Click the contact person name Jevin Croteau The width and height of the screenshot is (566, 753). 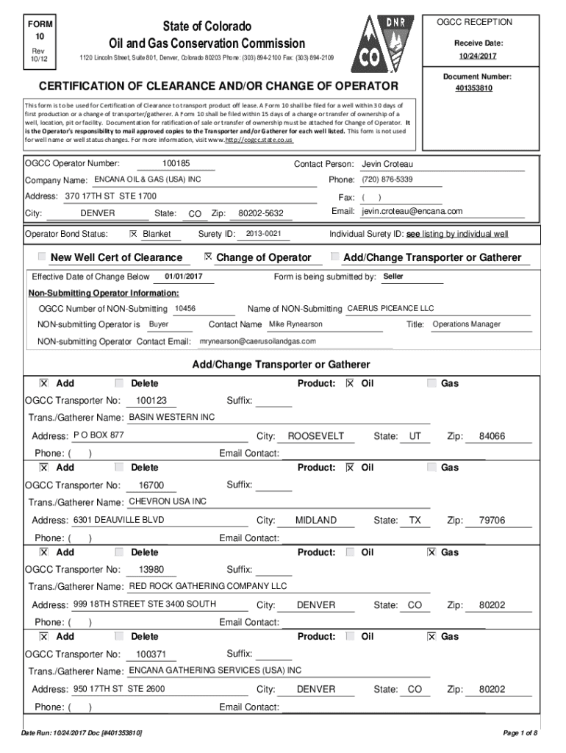pyautogui.click(x=393, y=164)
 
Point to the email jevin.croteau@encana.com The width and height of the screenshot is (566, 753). pyautogui.click(x=412, y=212)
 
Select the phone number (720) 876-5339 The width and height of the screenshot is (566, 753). pyautogui.click(x=387, y=180)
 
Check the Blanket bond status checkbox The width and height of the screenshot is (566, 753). pyautogui.click(x=133, y=234)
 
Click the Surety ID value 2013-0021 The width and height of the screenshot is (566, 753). pyautogui.click(x=263, y=234)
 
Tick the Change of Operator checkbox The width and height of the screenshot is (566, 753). pyautogui.click(x=208, y=257)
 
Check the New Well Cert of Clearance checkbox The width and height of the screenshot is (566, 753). pyautogui.click(x=42, y=257)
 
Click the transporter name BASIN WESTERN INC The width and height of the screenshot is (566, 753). pyautogui.click(x=172, y=418)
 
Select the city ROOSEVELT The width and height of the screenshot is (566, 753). pyautogui.click(x=315, y=436)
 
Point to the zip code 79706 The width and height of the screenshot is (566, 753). pyautogui.click(x=492, y=521)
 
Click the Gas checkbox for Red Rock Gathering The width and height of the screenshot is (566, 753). pyautogui.click(x=432, y=552)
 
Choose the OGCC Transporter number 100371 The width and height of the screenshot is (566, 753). pyautogui.click(x=151, y=654)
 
